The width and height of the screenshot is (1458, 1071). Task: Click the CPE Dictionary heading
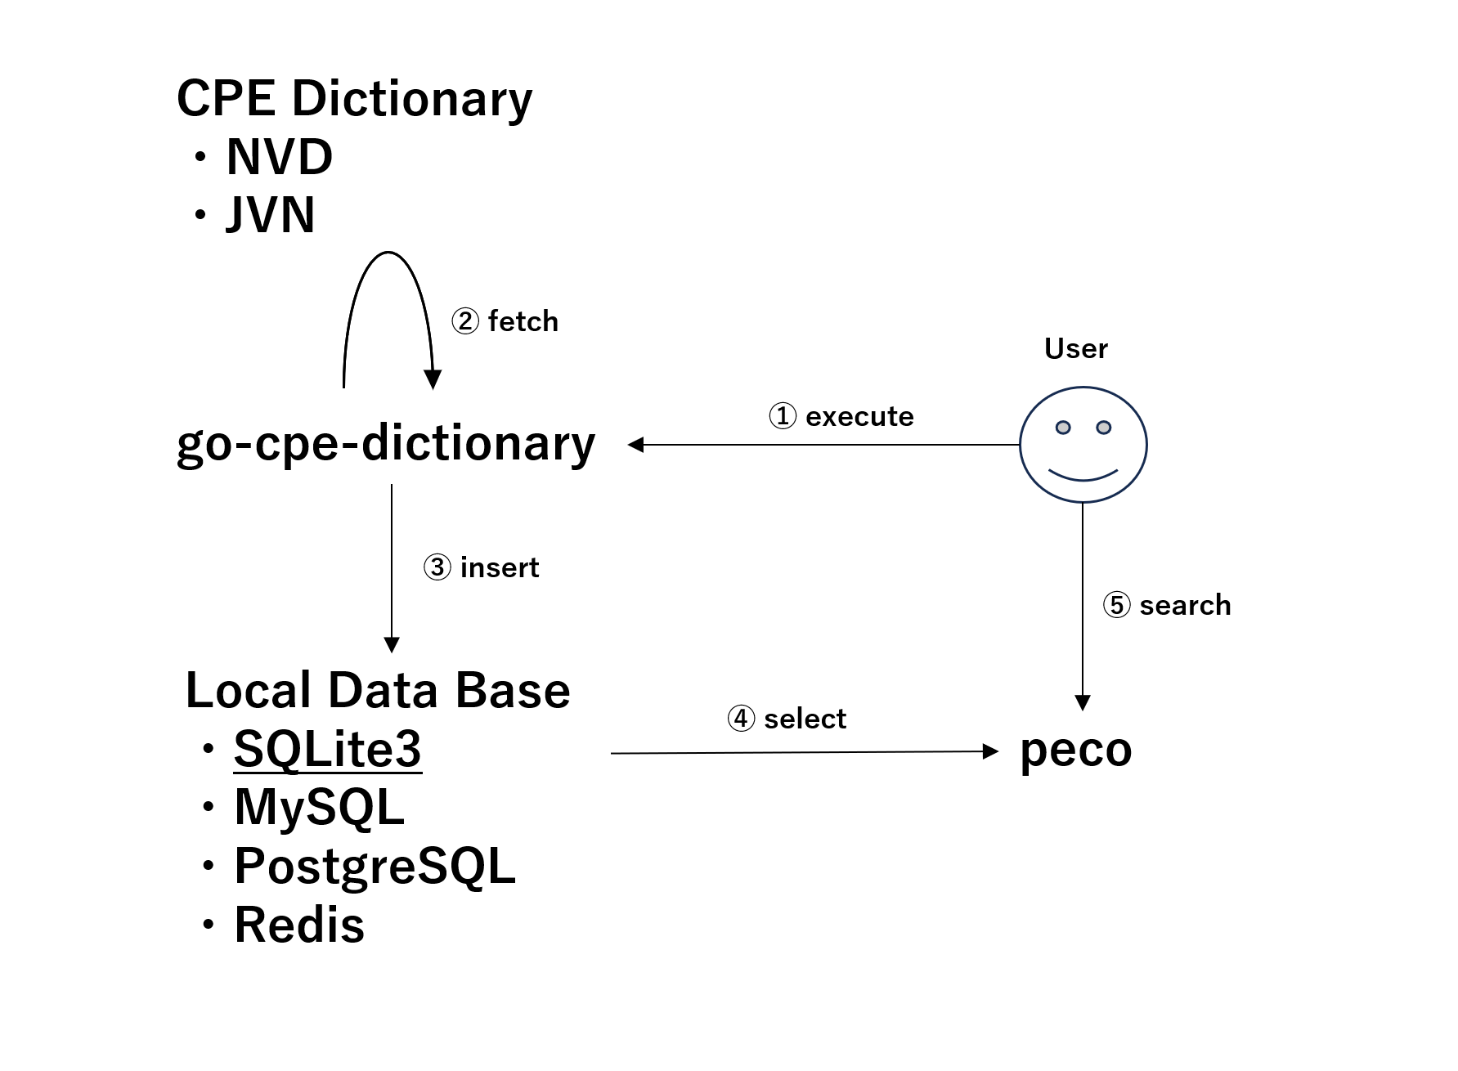[x=354, y=99]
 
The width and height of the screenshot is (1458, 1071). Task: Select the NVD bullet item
[x=279, y=157]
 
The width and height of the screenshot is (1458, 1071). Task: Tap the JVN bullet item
[x=270, y=215]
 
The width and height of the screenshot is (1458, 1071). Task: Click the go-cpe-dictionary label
[x=386, y=444]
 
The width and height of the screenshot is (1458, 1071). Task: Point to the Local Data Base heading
[x=377, y=690]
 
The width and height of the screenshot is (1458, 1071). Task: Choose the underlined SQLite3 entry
[x=327, y=748]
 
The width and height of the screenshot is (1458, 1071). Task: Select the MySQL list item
[x=319, y=807]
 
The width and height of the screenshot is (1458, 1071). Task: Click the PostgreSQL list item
[x=375, y=866]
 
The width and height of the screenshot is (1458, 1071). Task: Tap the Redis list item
[x=299, y=925]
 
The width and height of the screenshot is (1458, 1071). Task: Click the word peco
[x=1075, y=750]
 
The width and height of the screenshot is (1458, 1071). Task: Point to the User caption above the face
[x=1075, y=349]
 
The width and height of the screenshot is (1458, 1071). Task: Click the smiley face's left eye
[x=1062, y=428]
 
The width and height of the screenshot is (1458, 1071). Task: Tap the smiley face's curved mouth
[x=1083, y=475]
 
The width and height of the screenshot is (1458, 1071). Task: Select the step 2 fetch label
[x=505, y=321]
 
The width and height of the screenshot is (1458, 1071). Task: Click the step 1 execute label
[x=841, y=416]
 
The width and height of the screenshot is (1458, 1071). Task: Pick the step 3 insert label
[x=482, y=567]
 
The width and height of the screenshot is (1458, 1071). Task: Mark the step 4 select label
[x=787, y=719]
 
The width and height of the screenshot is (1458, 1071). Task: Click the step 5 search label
[x=1167, y=605]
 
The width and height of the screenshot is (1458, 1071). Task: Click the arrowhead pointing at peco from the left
[x=990, y=751]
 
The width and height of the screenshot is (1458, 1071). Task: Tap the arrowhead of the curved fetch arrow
[x=433, y=379]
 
